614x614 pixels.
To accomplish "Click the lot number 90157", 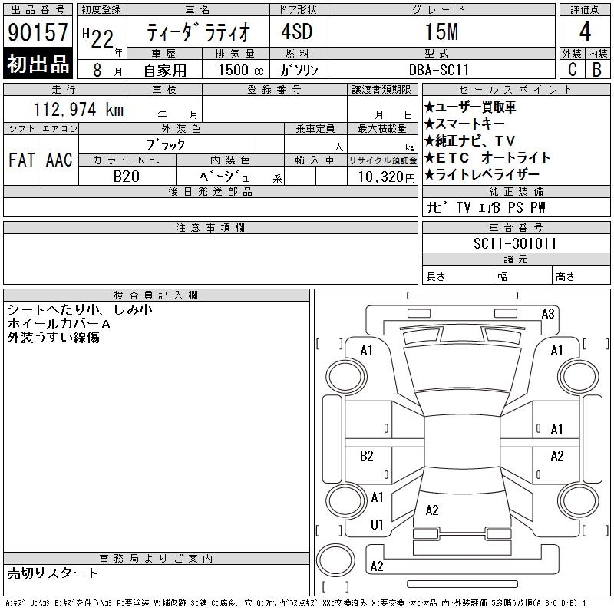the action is pos(38,32).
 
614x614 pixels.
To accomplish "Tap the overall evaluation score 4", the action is pos(585,31).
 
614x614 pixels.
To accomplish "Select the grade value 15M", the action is pos(442,31).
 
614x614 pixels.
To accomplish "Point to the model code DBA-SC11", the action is pos(439,70).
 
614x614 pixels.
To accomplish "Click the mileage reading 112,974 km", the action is pos(79,109).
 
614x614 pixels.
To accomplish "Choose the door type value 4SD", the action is pos(297,31).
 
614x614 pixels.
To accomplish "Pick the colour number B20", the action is pos(127,177).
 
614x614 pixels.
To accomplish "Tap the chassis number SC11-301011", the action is pos(515,243).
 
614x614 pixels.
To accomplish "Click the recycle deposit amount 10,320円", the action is pos(387,177).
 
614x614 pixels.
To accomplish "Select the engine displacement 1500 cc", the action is pos(241,70).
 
